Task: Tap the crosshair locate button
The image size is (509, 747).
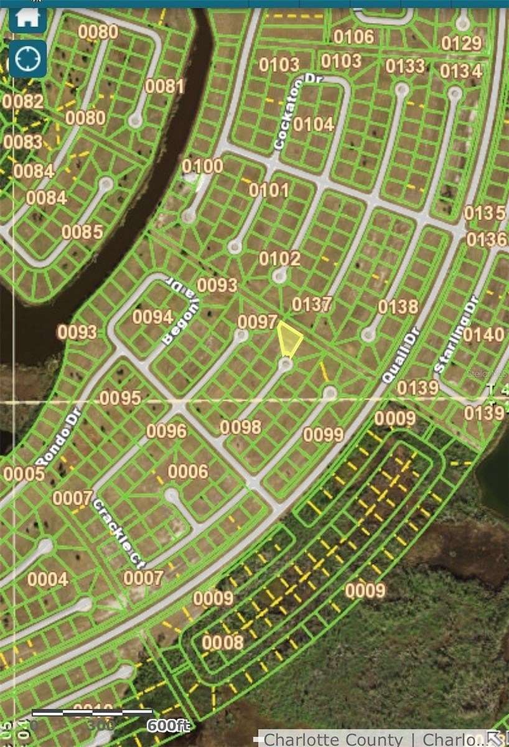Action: [x=27, y=59]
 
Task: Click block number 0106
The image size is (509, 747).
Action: [x=353, y=37]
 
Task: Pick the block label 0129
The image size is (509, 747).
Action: [x=461, y=43]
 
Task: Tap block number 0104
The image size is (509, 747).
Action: [x=313, y=125]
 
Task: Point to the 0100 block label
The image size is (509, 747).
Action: [x=202, y=166]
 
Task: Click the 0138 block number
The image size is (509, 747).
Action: [x=398, y=306]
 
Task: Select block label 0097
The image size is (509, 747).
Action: [x=257, y=322]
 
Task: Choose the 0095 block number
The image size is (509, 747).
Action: [x=120, y=398]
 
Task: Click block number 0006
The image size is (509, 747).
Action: [x=188, y=471]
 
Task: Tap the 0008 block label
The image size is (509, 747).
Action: [x=222, y=642]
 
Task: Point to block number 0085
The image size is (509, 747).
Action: [x=82, y=232]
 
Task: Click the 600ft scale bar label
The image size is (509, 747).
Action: [x=168, y=726]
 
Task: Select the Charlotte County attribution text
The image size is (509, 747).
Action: [x=373, y=740]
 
